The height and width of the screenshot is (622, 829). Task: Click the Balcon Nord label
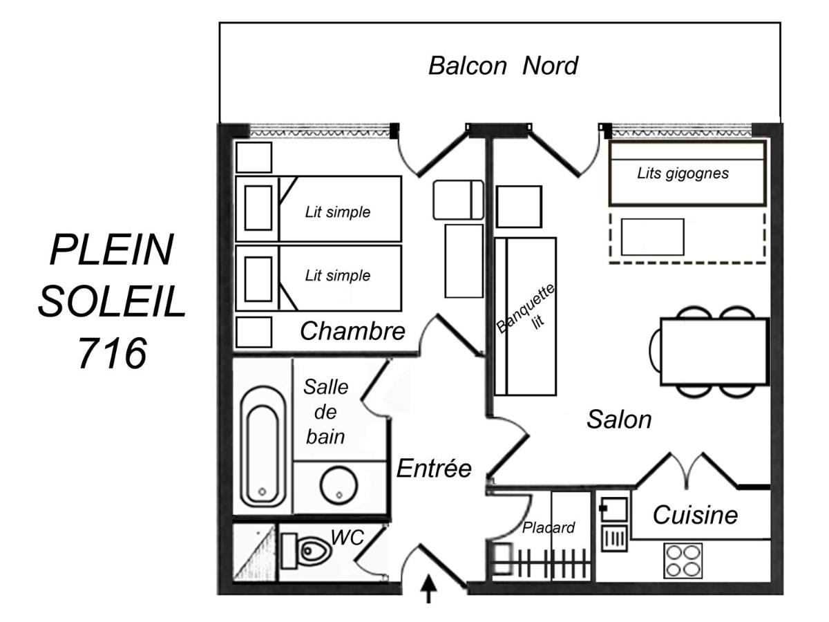pyautogui.click(x=503, y=66)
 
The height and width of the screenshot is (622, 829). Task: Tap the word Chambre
pyautogui.click(x=352, y=331)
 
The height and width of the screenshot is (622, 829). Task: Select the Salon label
pyautogui.click(x=619, y=420)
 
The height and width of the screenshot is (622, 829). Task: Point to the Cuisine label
pyautogui.click(x=695, y=515)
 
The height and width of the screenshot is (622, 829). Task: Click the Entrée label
pyautogui.click(x=434, y=469)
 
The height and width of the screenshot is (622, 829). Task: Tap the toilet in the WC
pyautogui.click(x=306, y=551)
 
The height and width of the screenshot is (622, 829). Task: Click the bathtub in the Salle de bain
pyautogui.click(x=263, y=446)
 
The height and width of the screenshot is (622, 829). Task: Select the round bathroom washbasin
pyautogui.click(x=339, y=486)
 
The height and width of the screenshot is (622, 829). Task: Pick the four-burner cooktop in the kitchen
pyautogui.click(x=683, y=560)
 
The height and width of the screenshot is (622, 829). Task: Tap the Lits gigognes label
pyautogui.click(x=683, y=173)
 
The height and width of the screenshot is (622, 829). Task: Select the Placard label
pyautogui.click(x=549, y=527)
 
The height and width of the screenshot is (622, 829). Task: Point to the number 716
pyautogui.click(x=113, y=353)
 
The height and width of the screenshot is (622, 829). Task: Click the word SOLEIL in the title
pyautogui.click(x=112, y=302)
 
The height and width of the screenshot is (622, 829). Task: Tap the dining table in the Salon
pyautogui.click(x=714, y=352)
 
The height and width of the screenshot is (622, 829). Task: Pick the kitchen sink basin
pyautogui.click(x=613, y=509)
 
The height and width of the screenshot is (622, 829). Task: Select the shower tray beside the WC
pyautogui.click(x=254, y=552)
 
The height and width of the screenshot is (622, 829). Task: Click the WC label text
pyautogui.click(x=347, y=538)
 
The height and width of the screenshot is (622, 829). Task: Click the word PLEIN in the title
pyautogui.click(x=112, y=250)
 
